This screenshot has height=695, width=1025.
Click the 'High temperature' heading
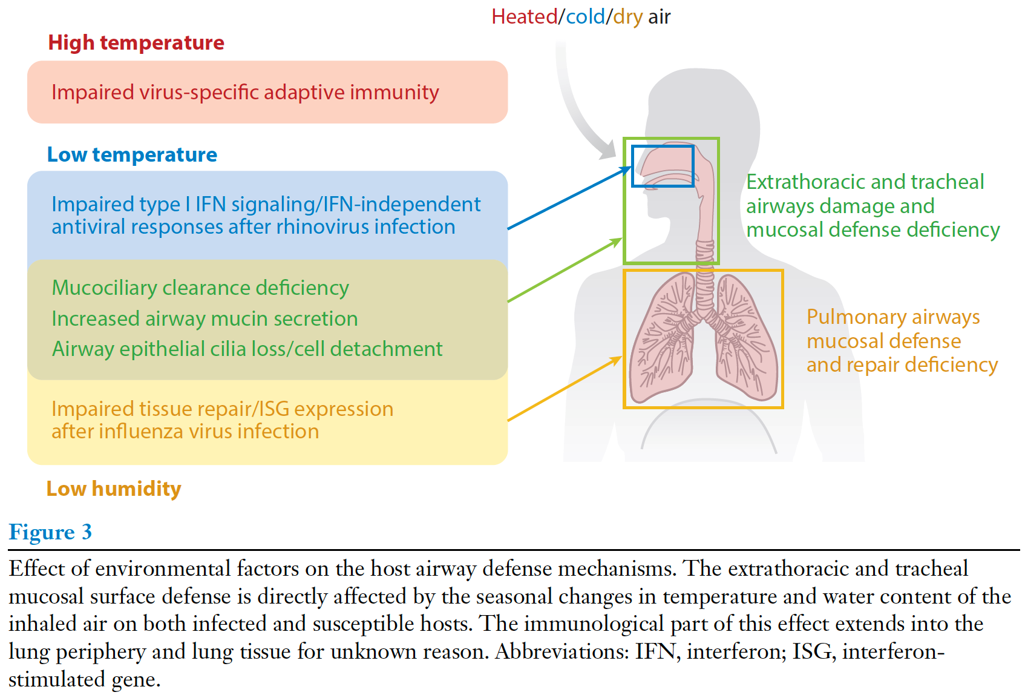pos(136,43)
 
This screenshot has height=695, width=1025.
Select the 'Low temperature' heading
pos(132,155)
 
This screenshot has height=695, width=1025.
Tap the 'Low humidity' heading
pos(114,489)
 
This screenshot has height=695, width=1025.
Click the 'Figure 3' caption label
pos(50,532)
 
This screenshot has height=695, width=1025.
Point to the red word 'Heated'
pos(524,17)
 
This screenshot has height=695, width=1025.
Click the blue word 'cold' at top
pos(585,17)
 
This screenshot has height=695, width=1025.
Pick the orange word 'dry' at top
pos(627,17)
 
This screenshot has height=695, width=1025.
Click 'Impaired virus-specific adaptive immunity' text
pos(245,93)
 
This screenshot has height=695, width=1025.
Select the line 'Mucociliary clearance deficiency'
pos(200,288)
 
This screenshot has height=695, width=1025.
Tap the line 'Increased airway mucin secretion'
pos(205,319)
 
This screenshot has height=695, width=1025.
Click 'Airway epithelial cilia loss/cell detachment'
pos(247,349)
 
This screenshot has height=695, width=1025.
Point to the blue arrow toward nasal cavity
pos(569,198)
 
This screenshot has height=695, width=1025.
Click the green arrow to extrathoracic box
pos(565,270)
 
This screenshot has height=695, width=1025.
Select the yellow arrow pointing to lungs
pos(565,389)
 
